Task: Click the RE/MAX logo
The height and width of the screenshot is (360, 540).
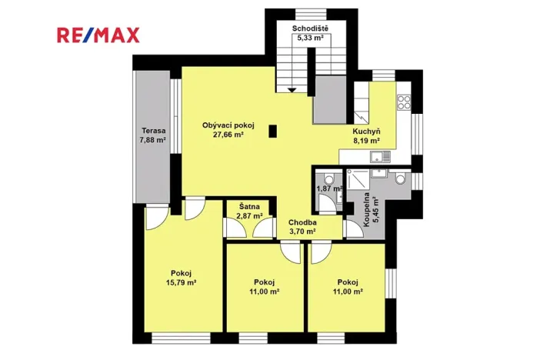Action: pos(97,35)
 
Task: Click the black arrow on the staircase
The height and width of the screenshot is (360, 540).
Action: pos(292,89)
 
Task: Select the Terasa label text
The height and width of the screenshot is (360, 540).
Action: pos(152,131)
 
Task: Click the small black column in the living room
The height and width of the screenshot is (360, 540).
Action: pos(272,132)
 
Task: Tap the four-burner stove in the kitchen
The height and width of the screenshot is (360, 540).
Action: pos(403,102)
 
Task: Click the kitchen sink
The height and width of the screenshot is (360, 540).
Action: pos(378,158)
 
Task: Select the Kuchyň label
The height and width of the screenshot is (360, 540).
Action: pos(365,132)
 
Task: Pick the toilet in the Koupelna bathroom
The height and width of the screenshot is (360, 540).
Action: pos(398,179)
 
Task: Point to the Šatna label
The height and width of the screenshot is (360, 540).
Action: pos(248,207)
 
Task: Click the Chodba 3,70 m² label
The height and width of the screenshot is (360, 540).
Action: pos(302,225)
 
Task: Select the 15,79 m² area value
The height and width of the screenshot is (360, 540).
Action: pos(181,282)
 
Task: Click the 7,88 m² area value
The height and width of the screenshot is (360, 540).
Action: pos(152,140)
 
